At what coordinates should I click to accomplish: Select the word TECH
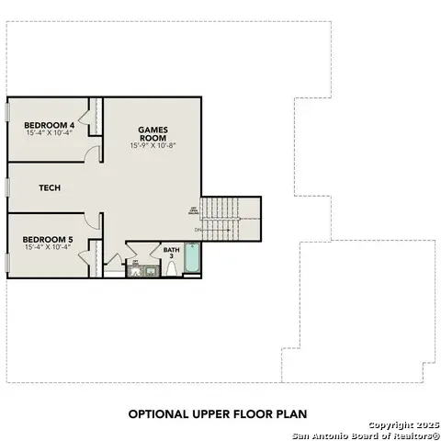click(50, 187)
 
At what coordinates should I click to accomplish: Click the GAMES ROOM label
click(153, 134)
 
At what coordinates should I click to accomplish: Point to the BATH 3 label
click(172, 253)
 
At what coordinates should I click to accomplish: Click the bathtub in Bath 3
click(192, 258)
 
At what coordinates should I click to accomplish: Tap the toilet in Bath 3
click(172, 269)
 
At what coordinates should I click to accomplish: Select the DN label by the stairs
click(198, 229)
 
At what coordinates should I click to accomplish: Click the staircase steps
click(220, 219)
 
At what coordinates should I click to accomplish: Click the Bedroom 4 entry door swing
click(92, 154)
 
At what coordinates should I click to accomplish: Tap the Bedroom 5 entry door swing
click(92, 220)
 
